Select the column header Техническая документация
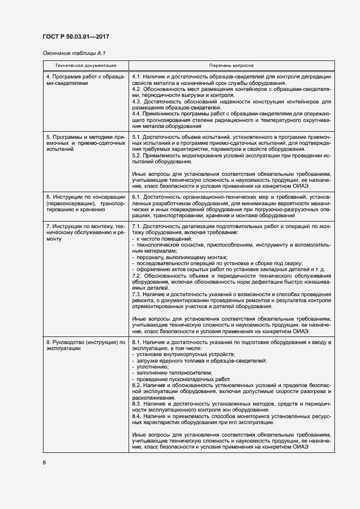tap(86, 65)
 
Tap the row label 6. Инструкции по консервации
tap(86, 203)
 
